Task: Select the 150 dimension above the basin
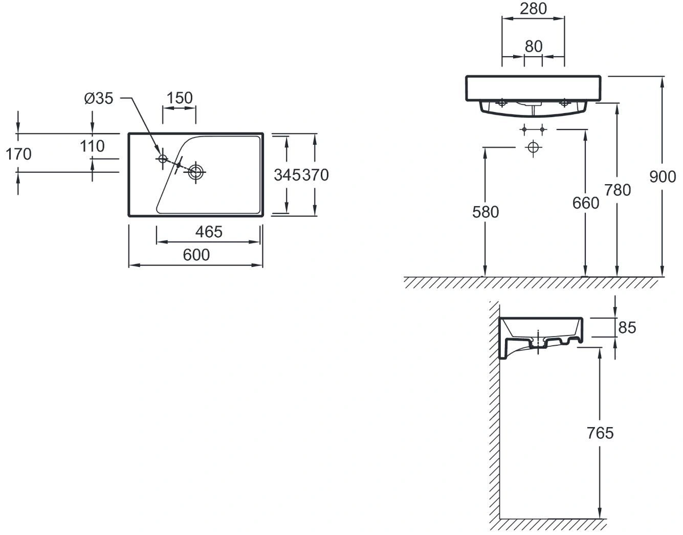pos(180,98)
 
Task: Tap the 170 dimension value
pos(18,154)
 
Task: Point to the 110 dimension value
pos(92,146)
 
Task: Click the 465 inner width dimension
pos(209,232)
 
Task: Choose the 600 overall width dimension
pos(196,255)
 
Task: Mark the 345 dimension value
pos(287,175)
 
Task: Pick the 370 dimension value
pos(315,175)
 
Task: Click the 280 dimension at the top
pos(533,9)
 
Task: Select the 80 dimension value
pos(533,46)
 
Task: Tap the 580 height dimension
pos(485,211)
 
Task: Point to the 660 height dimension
pos(585,203)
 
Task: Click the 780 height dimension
pos(618,190)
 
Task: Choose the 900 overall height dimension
pos(663,176)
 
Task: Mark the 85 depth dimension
pos(627,327)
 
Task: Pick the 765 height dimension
pos(600,433)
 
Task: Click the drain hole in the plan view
pos(195,172)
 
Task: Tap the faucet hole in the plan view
pos(162,159)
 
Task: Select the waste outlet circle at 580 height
pos(533,148)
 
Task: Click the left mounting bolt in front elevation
pos(502,103)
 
